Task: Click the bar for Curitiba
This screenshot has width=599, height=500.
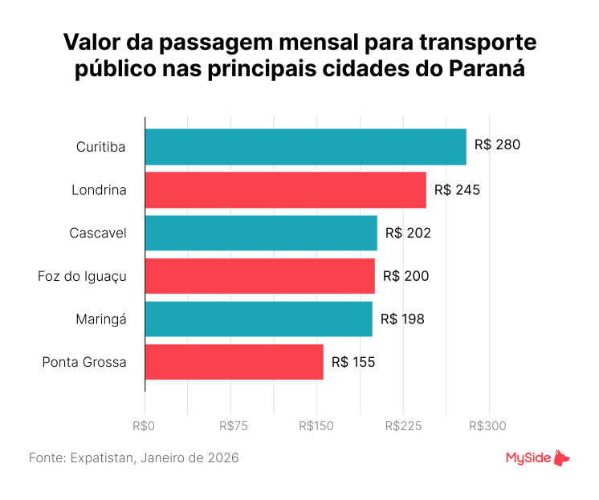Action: coord(305,146)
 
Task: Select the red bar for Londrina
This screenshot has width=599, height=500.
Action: coord(285,189)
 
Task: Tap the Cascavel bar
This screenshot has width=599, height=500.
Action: coord(261,233)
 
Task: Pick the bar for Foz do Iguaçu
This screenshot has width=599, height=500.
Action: coord(259,276)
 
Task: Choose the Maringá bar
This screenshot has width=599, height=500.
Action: coord(259,319)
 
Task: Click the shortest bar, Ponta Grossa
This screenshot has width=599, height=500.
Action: coord(234,362)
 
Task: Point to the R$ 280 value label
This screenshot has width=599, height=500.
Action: coord(497,145)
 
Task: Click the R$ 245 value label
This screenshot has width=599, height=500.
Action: coord(457,189)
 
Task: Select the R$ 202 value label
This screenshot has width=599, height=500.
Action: coord(408,233)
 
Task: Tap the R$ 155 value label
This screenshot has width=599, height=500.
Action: coord(353,362)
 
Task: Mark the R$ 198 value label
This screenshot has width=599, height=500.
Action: coord(402,319)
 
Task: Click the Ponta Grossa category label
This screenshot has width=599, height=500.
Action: coord(84,362)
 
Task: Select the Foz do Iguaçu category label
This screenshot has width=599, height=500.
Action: coord(82,276)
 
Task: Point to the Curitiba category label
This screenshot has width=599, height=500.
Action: coord(101,146)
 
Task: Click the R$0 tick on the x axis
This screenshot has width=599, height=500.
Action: coord(145,425)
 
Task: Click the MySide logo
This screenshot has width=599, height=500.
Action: coord(537,458)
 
